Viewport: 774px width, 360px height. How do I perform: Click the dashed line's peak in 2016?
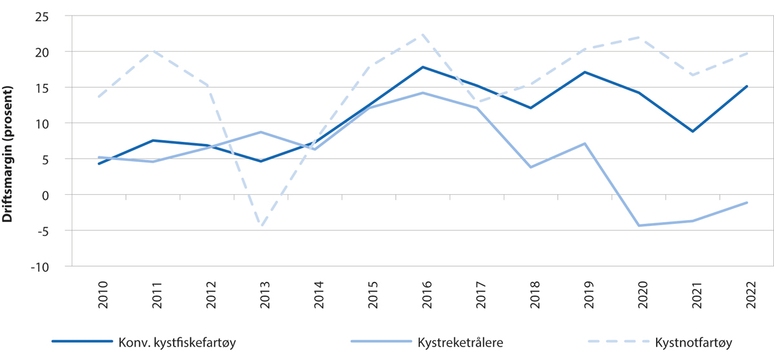(x=422, y=34)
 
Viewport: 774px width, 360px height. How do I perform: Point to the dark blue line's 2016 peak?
(x=422, y=67)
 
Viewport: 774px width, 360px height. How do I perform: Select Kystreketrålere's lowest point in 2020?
(x=639, y=225)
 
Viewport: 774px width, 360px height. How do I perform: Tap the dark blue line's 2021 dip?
(x=692, y=131)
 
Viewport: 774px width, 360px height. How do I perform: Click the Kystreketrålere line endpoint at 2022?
(x=746, y=203)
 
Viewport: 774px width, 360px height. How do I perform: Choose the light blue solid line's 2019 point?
(x=584, y=143)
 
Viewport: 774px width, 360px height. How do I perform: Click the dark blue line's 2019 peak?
(x=584, y=72)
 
